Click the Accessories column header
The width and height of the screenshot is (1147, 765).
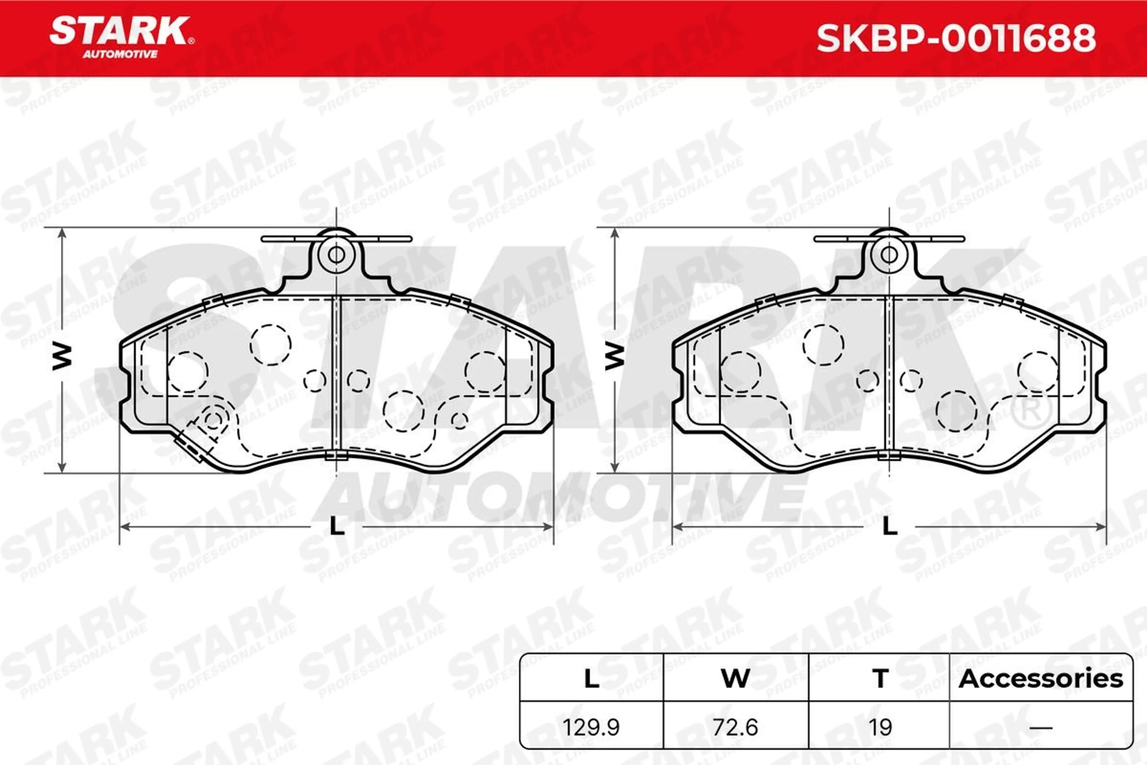click(x=1041, y=679)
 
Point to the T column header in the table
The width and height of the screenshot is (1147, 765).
click(x=880, y=679)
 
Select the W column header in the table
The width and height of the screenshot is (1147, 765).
click(x=735, y=679)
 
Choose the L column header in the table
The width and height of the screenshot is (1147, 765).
click(x=591, y=679)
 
